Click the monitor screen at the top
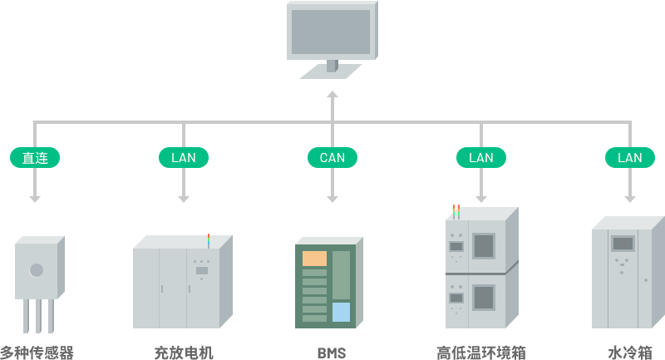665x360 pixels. click(330, 32)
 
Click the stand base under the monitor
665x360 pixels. click(330, 72)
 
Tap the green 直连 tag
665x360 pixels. click(34, 157)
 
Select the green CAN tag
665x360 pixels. click(332, 157)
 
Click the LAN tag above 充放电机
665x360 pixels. click(183, 157)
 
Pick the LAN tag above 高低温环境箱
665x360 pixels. click(480, 157)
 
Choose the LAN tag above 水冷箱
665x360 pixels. click(629, 157)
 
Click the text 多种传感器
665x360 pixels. click(37, 353)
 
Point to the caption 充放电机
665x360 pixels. click(184, 353)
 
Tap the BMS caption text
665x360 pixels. click(331, 353)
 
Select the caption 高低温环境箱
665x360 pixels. click(481, 353)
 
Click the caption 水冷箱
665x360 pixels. click(629, 353)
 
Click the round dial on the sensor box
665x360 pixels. click(37, 269)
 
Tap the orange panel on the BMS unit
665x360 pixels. click(314, 259)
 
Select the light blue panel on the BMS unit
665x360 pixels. click(341, 312)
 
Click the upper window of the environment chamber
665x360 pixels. click(483, 245)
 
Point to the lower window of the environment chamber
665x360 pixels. click(483, 297)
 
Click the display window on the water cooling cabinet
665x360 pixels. click(623, 244)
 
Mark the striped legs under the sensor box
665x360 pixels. click(38, 316)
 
